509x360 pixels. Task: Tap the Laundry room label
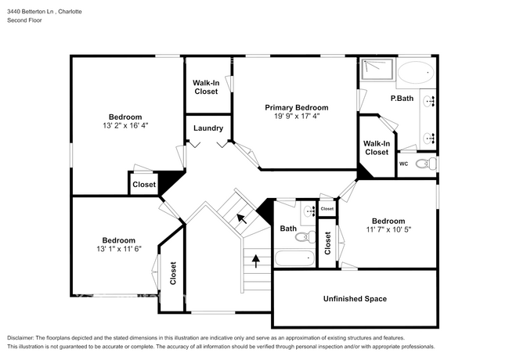coord(208,128)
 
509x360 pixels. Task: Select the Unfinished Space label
coord(355,298)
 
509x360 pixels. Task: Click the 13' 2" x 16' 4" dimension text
coord(125,124)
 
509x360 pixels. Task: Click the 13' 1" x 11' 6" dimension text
coord(119,249)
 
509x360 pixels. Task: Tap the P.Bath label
coord(403,98)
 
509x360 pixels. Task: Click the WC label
coord(404,164)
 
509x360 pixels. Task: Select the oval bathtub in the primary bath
coord(414,74)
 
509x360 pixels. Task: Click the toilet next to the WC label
coord(424,164)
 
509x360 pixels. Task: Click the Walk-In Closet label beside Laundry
coord(207,86)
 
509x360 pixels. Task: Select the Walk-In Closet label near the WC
coord(377,147)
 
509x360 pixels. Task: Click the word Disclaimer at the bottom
coord(24,337)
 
